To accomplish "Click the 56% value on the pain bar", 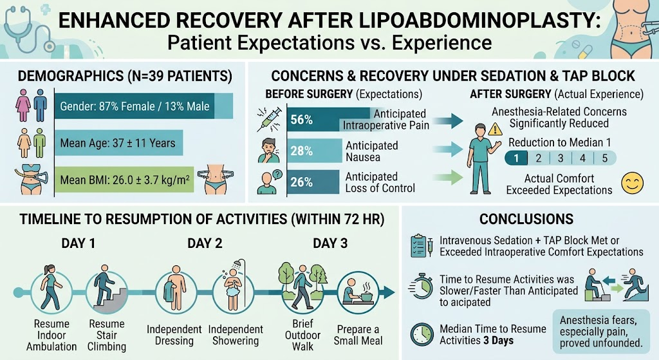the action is (x=301, y=120).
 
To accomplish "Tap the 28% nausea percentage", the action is (x=301, y=151).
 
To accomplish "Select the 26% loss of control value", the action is (x=301, y=182).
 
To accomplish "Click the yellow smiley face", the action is (x=632, y=184).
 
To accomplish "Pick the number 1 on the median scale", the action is (x=516, y=158).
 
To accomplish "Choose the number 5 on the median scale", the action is (x=604, y=158).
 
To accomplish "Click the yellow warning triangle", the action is (x=495, y=129).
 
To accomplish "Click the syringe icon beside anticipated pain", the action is (x=269, y=119).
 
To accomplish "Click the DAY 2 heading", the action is (x=205, y=243).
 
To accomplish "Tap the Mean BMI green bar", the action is (x=124, y=180).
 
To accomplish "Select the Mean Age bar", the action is (x=118, y=143).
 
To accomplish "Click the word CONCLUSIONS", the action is (x=526, y=219).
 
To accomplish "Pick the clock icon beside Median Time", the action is (x=422, y=334).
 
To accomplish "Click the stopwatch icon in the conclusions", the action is (x=421, y=287).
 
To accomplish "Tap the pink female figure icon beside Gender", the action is (x=23, y=105).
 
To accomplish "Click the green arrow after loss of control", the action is (x=448, y=177).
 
